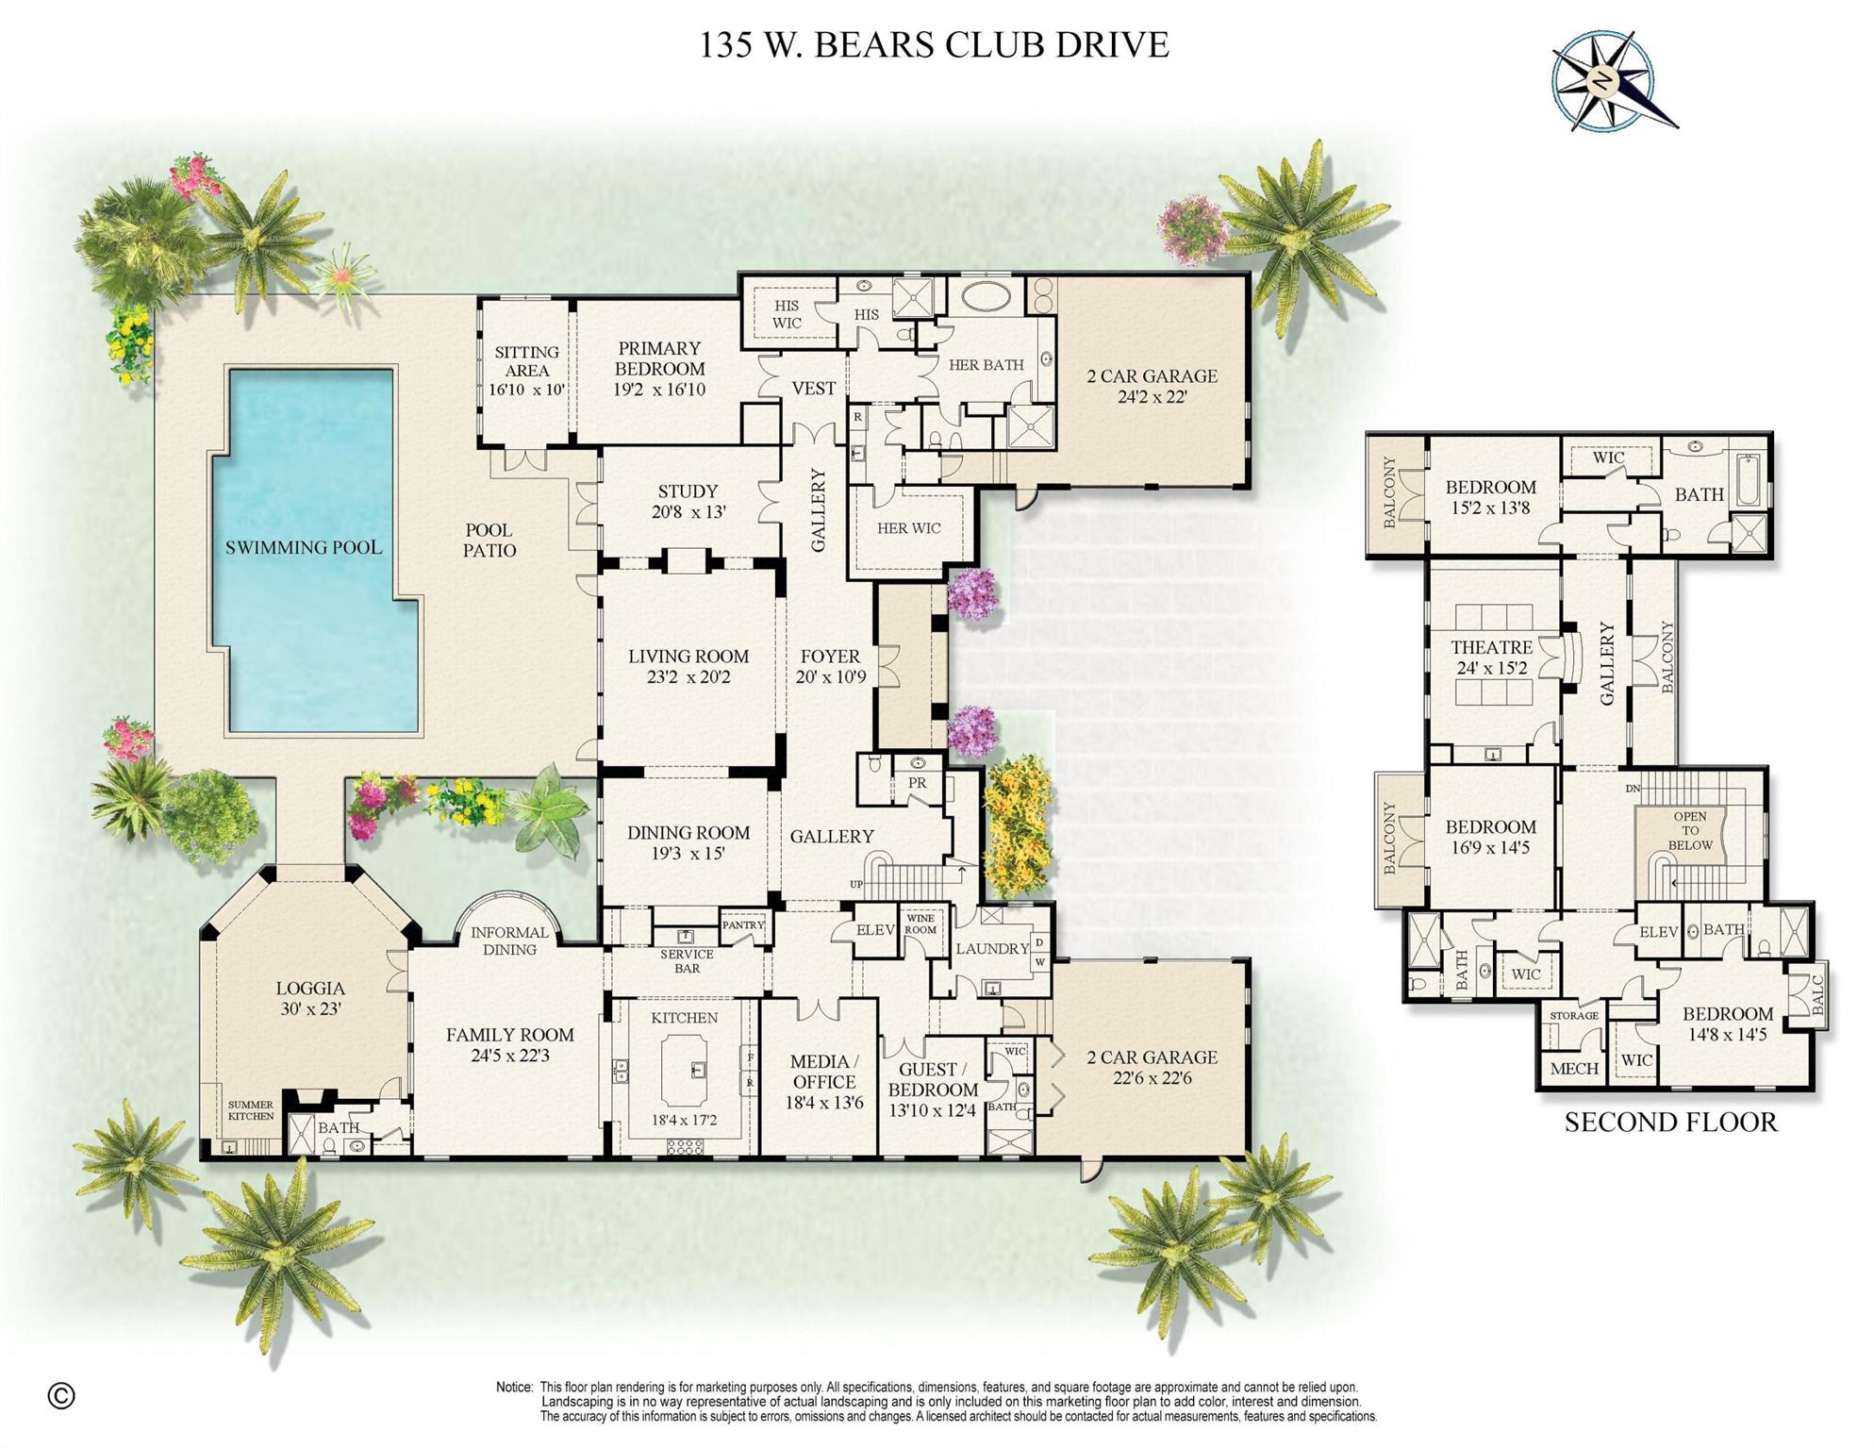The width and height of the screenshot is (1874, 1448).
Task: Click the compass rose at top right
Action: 1602,81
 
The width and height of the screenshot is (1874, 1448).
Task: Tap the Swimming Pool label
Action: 303,547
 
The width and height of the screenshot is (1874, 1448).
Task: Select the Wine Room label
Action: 920,924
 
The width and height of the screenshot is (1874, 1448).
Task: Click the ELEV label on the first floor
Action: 875,930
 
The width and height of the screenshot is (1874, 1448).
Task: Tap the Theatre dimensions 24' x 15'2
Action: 1491,669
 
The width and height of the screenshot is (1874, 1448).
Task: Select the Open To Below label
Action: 1690,831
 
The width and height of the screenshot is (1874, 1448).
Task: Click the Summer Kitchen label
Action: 250,1110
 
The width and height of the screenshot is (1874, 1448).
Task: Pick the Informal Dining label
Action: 509,940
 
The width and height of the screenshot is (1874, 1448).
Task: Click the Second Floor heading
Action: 1670,1123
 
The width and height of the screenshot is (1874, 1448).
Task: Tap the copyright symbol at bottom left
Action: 61,1395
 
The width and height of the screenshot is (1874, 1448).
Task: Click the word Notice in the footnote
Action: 514,1388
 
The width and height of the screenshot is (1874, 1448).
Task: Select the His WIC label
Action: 787,314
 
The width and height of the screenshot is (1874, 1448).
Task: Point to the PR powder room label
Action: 917,783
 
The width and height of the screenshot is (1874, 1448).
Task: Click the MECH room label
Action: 1574,1069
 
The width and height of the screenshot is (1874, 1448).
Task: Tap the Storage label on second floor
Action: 1574,1016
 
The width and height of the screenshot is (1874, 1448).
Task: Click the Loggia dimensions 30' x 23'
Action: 310,1008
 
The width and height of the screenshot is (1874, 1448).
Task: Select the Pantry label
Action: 743,925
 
